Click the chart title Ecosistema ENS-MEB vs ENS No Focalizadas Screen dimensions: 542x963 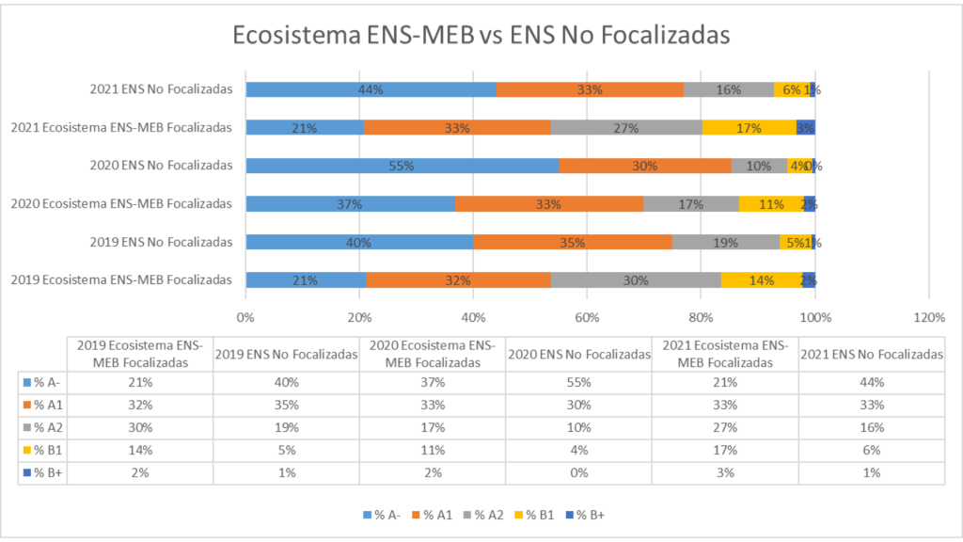click(x=481, y=35)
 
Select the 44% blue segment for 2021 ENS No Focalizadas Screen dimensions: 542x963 click(x=371, y=89)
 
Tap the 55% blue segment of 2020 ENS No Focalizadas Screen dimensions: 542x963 click(x=402, y=166)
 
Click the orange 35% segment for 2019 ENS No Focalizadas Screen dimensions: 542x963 click(x=572, y=242)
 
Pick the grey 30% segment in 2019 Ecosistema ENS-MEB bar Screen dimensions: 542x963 click(x=635, y=279)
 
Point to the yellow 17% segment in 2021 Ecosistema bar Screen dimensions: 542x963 click(x=749, y=128)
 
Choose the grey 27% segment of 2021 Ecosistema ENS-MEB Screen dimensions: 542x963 click(x=625, y=128)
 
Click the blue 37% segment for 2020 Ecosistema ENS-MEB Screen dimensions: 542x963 click(x=350, y=203)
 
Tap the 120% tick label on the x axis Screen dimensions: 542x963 click(x=928, y=316)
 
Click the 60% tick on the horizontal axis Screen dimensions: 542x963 click(x=587, y=316)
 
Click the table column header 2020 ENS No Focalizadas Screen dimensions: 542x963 click(x=579, y=355)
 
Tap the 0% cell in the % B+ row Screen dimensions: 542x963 click(x=579, y=472)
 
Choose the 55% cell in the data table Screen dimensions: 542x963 click(x=579, y=382)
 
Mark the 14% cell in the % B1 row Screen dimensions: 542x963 click(x=140, y=450)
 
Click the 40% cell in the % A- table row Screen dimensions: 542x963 click(x=286, y=382)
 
